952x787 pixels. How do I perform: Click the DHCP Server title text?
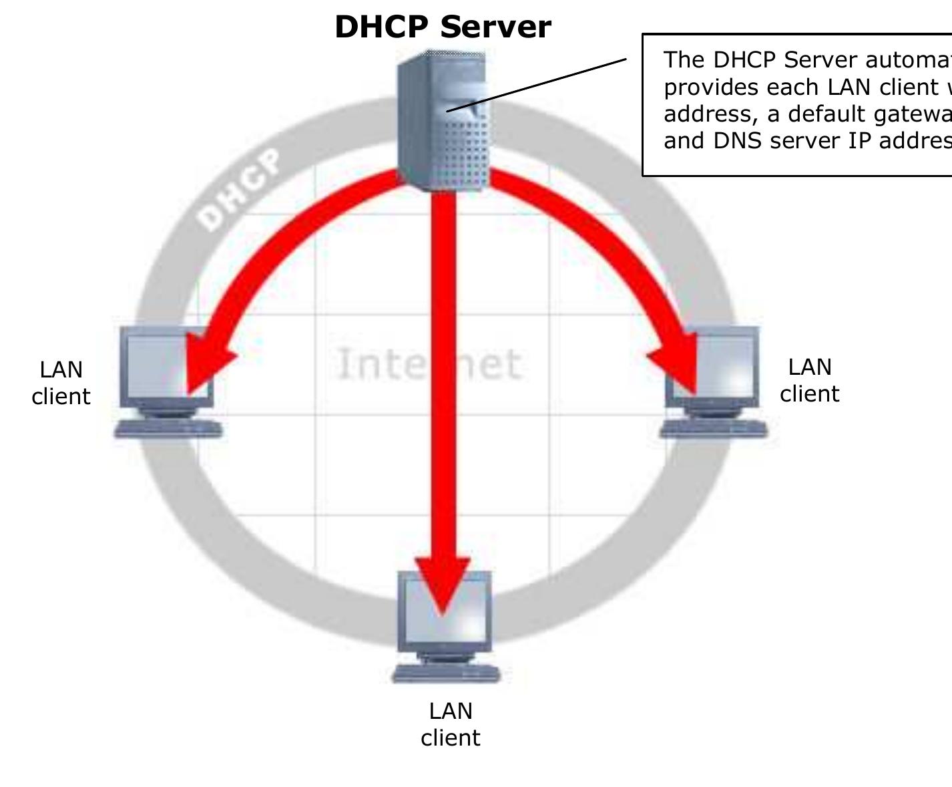click(443, 27)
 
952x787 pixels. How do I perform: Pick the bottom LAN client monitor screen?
click(444, 611)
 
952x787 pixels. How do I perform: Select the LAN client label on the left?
click(61, 383)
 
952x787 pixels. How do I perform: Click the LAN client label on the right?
click(809, 380)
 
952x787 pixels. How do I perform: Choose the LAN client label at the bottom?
click(451, 724)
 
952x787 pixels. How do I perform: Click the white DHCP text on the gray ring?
click(240, 191)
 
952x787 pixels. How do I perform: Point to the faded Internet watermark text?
click(427, 364)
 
